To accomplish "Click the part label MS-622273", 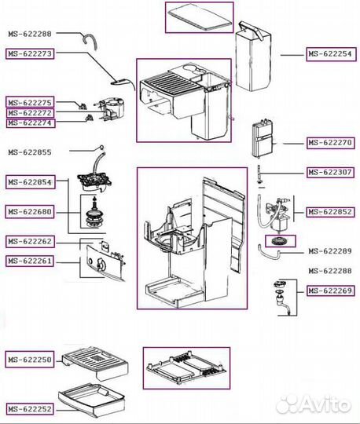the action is pos(30,53).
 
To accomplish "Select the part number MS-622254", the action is pos(331,54).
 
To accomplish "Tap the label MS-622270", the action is pos(331,142).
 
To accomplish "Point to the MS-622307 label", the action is pos(330,172).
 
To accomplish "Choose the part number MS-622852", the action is pos(331,212).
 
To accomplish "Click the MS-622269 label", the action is pos(331,291).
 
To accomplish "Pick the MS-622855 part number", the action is pos(30,152).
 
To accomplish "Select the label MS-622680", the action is pos(30,211).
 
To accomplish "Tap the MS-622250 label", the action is pos(30,360).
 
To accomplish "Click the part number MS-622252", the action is pos(30,409).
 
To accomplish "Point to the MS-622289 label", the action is pos(330,251).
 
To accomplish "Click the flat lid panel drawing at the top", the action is pos(200,17).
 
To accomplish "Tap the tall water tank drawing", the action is pos(253,57).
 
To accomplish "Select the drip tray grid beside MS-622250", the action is pos(95,362).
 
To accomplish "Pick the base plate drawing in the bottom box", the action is pos(186,367).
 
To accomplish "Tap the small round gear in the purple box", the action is pos(280,241).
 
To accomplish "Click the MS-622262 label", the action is pos(30,242).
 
